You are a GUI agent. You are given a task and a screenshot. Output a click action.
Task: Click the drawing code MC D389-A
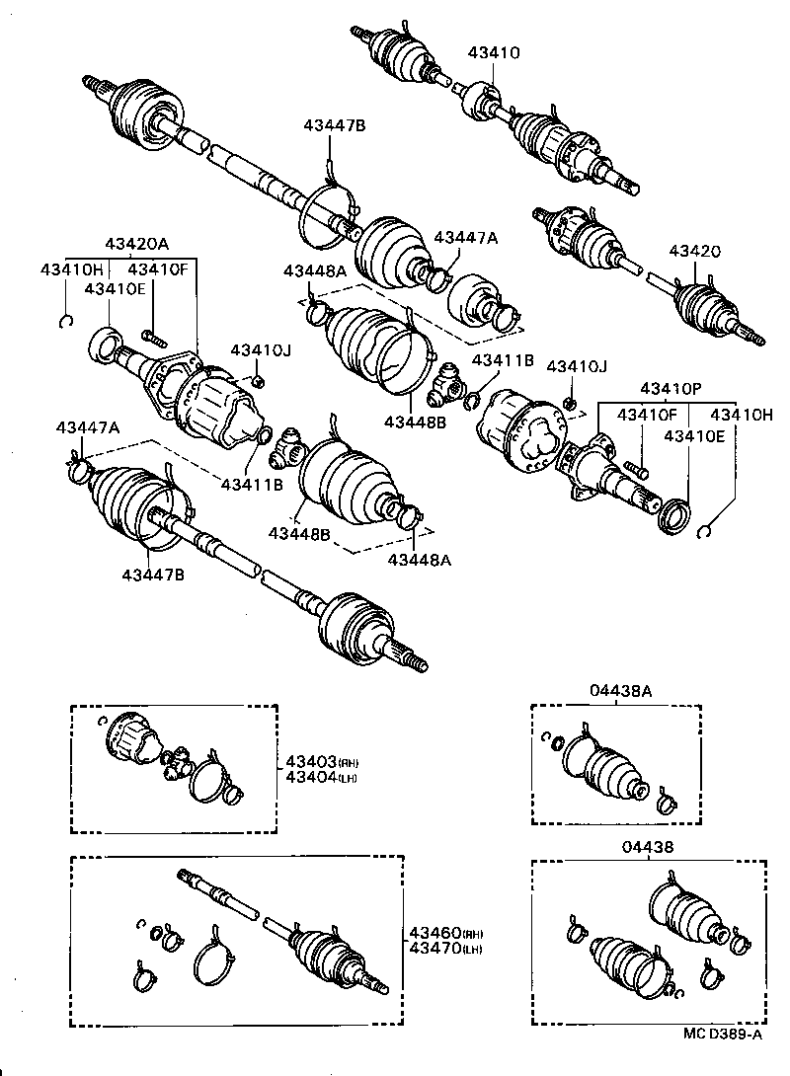coord(722,1035)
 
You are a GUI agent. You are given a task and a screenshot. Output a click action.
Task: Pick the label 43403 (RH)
coord(321,761)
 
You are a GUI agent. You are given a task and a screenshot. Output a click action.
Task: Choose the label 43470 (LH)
coord(444,949)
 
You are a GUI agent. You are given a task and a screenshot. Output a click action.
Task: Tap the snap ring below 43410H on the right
coord(705,533)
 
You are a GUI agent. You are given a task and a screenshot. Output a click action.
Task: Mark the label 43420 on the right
coord(695,253)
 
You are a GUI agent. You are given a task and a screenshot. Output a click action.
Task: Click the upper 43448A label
coord(315,271)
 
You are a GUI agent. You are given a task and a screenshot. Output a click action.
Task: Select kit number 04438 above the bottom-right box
coord(647,847)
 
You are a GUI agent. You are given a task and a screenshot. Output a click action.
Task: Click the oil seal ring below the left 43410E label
coord(103,346)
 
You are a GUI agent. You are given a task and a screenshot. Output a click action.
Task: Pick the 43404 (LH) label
coord(321,777)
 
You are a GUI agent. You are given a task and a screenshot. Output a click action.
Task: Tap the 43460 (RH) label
coord(444,933)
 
